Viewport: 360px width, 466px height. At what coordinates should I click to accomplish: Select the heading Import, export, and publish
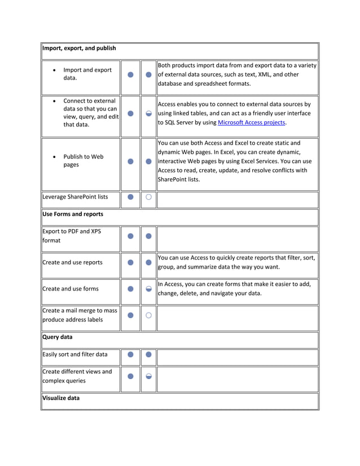[x=79, y=49]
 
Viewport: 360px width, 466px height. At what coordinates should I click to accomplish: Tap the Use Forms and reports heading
[x=73, y=214]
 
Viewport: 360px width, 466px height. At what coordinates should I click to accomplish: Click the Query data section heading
[x=58, y=337]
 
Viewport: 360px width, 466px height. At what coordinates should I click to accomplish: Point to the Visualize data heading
[x=62, y=398]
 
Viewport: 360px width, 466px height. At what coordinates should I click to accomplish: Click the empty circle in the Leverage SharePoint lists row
[x=148, y=197]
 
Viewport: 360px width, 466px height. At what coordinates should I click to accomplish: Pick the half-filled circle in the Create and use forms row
[x=148, y=289]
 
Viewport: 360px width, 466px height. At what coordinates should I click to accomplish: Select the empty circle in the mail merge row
[x=148, y=315]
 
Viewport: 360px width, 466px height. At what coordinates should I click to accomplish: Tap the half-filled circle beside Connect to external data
[x=148, y=113]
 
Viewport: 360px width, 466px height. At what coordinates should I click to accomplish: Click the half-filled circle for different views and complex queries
[x=148, y=376]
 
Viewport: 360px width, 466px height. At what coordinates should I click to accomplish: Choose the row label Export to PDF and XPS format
[x=72, y=236]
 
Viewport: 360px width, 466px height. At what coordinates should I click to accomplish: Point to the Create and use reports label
[x=73, y=262]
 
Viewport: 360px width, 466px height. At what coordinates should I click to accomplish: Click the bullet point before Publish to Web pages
[x=54, y=157]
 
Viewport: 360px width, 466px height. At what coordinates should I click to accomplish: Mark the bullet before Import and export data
[x=54, y=71]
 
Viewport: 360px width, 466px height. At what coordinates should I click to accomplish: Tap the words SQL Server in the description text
[x=187, y=122]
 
